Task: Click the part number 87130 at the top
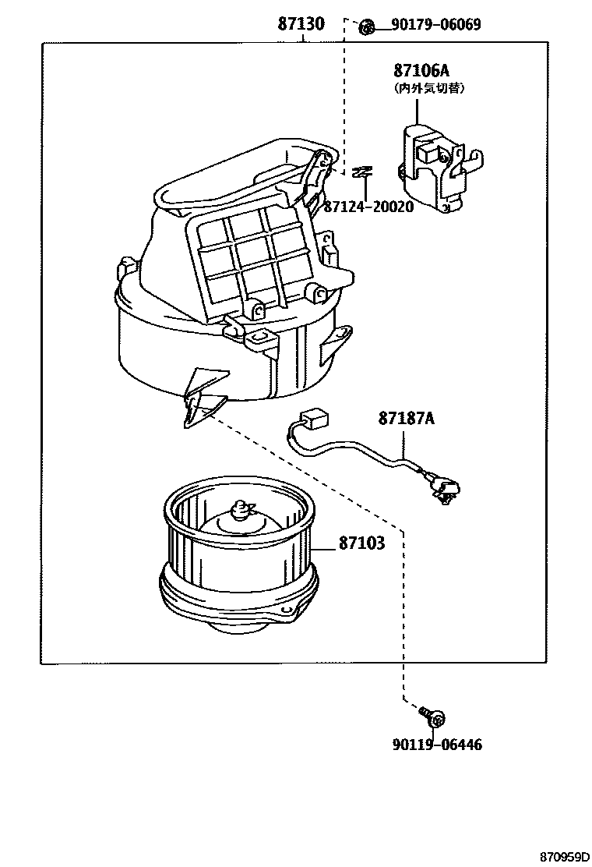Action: [301, 24]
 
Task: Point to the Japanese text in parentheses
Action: [429, 89]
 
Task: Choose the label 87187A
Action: [406, 419]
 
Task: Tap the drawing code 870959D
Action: [559, 856]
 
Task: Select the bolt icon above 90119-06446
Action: [430, 714]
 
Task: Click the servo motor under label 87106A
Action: [436, 168]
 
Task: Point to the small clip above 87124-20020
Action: [360, 172]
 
